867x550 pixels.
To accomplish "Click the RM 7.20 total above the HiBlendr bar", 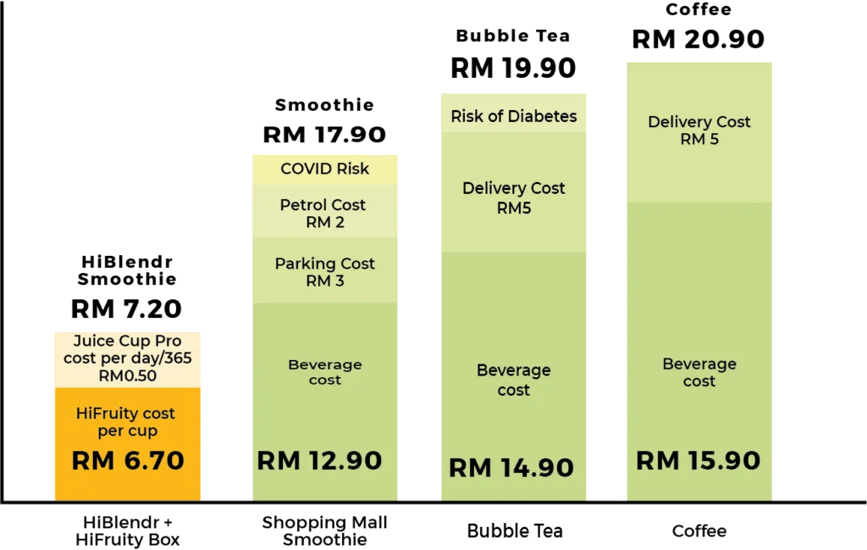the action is point(127,308).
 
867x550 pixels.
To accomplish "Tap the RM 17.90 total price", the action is point(324,135).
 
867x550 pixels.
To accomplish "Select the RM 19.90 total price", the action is point(513,68).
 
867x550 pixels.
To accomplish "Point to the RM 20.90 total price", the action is point(699,39).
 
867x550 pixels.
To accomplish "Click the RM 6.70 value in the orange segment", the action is point(128,460).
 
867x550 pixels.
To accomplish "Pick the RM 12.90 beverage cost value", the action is point(319,460).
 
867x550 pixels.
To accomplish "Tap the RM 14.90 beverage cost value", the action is point(511,468).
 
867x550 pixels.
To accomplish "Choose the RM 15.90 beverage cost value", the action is point(699,460).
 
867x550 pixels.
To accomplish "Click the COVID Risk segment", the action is point(325,169).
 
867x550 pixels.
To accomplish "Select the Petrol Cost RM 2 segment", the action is point(325,211).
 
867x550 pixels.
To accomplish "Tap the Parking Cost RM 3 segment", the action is point(325,270).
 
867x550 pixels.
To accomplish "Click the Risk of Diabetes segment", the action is point(514,113).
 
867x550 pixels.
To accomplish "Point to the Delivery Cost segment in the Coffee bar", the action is point(699,132).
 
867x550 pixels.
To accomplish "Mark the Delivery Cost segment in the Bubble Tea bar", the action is point(514,192).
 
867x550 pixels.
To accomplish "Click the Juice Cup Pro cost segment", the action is point(128,359).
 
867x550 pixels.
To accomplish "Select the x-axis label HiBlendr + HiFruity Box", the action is point(128,531).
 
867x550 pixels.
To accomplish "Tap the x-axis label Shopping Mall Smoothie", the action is point(324,531).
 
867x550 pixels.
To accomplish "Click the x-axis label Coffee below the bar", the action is point(699,531).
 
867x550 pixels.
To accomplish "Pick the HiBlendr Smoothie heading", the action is point(127,270).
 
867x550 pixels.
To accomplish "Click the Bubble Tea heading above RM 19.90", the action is point(512,36).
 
